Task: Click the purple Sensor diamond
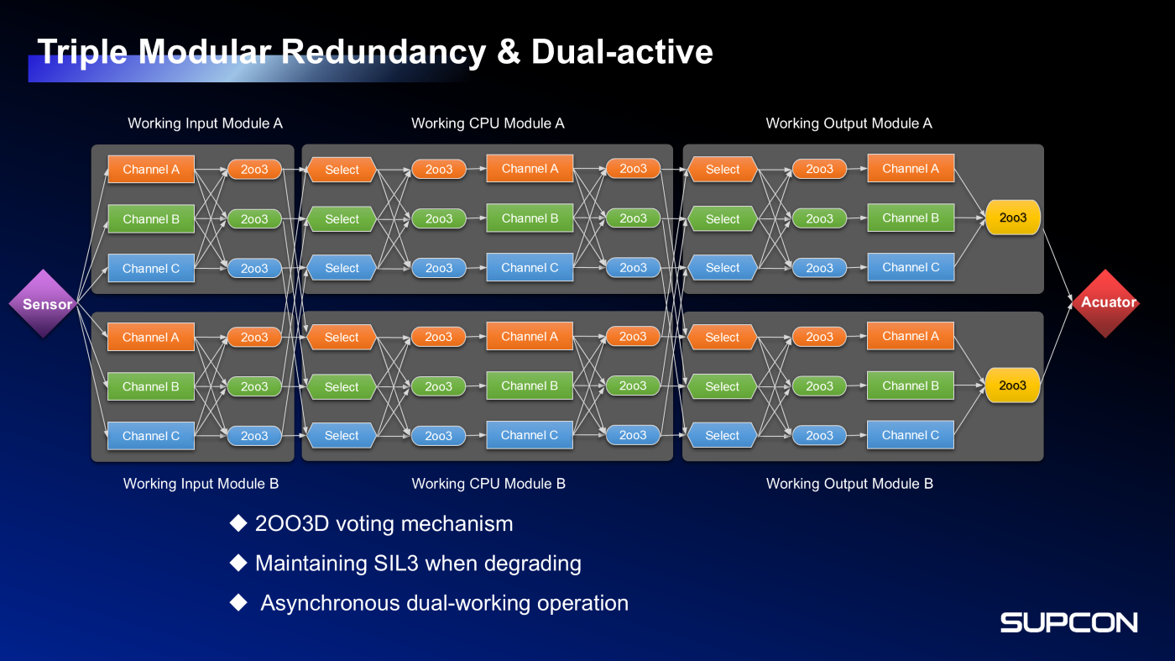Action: coord(43,304)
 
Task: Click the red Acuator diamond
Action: coord(1108,302)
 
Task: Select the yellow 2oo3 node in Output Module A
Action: coord(1012,218)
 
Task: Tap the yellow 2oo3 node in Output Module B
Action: coord(1012,386)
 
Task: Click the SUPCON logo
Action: coord(1068,622)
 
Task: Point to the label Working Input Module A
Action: coord(205,123)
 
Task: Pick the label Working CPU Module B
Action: coord(488,484)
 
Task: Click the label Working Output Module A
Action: coord(849,123)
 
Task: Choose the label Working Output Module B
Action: coord(849,484)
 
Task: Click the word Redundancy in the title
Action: coord(383,52)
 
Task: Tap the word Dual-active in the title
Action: coord(622,52)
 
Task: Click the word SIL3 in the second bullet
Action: coord(396,564)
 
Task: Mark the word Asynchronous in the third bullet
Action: coord(330,603)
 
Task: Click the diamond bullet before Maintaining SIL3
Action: coord(238,563)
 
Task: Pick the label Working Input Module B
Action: coord(201,484)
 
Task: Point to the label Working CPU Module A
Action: coord(488,123)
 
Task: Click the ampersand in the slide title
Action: coord(509,52)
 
